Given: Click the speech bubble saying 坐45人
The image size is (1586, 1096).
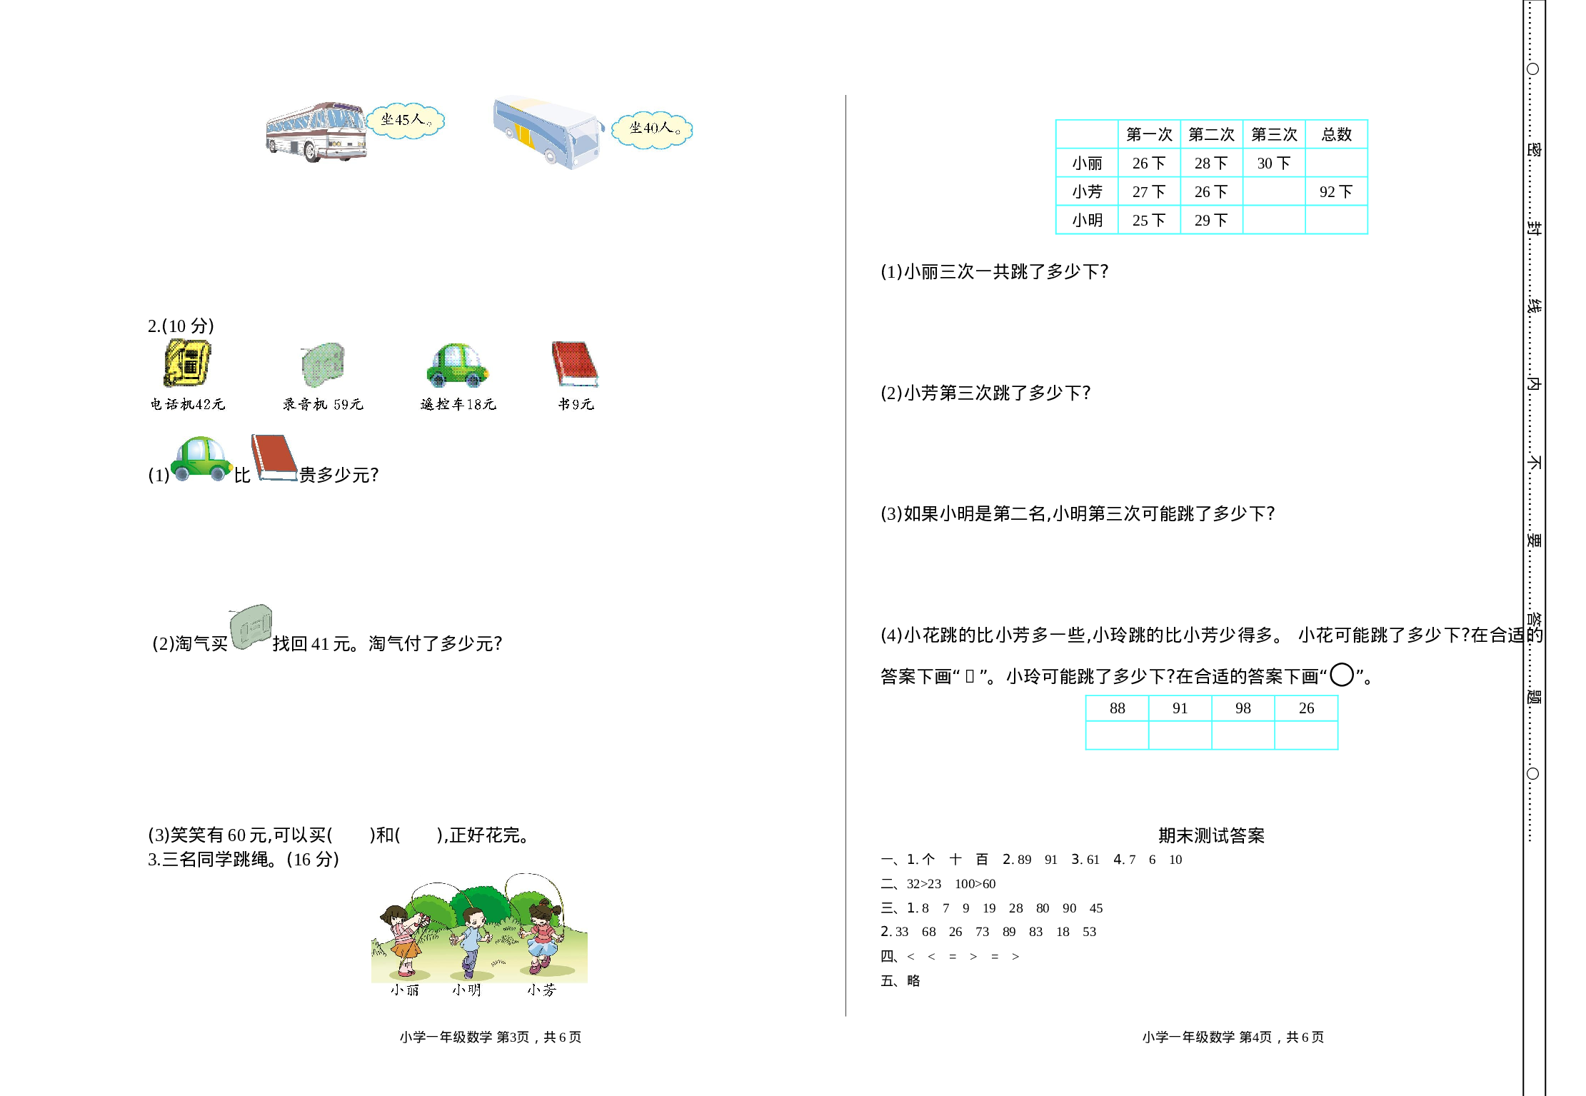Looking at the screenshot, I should tap(406, 120).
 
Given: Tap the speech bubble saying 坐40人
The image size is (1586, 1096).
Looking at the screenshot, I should tap(653, 129).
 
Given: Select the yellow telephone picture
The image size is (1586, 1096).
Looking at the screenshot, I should tap(187, 363).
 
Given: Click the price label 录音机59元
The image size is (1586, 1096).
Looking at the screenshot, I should tap(323, 404).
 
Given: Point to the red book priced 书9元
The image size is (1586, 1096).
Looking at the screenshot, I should tap(574, 363).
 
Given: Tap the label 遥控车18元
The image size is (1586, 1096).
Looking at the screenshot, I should tap(458, 404).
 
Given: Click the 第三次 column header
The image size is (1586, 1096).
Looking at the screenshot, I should tap(1274, 134).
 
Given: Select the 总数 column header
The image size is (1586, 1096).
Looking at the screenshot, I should tap(1336, 134).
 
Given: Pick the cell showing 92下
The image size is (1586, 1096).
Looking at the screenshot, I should tap(1336, 191).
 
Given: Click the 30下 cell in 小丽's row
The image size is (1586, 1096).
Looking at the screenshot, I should tap(1274, 163).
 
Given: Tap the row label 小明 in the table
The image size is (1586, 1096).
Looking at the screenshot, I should tap(1087, 220).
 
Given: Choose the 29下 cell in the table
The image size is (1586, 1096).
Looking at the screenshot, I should tap(1211, 220).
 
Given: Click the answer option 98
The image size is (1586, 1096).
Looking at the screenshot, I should tap(1243, 708).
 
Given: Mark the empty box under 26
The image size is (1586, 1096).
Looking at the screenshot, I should tap(1306, 735).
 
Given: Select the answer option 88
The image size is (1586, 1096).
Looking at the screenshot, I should tap(1118, 708).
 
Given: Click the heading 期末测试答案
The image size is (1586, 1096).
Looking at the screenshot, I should tap(1211, 835).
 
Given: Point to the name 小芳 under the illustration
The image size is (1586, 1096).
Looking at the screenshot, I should tap(541, 990).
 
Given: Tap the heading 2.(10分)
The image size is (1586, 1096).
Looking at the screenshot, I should tap(181, 326).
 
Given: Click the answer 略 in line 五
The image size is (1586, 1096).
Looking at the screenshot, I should tap(913, 980).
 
